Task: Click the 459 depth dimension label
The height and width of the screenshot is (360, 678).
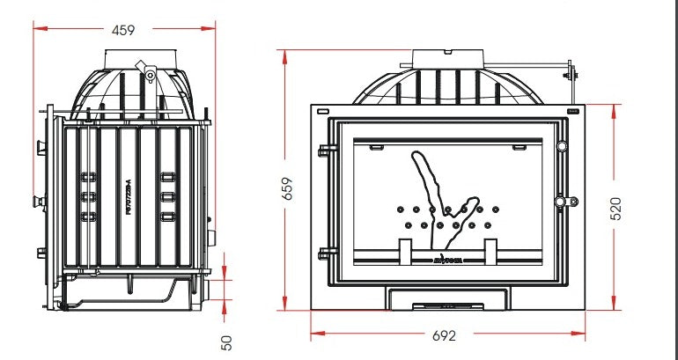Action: pyautogui.click(x=123, y=30)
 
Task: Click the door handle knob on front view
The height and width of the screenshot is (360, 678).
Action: pyautogui.click(x=560, y=203)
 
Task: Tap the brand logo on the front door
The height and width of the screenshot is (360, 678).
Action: pyautogui.click(x=449, y=260)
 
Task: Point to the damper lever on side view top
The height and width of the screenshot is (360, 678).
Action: pyautogui.click(x=145, y=70)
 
